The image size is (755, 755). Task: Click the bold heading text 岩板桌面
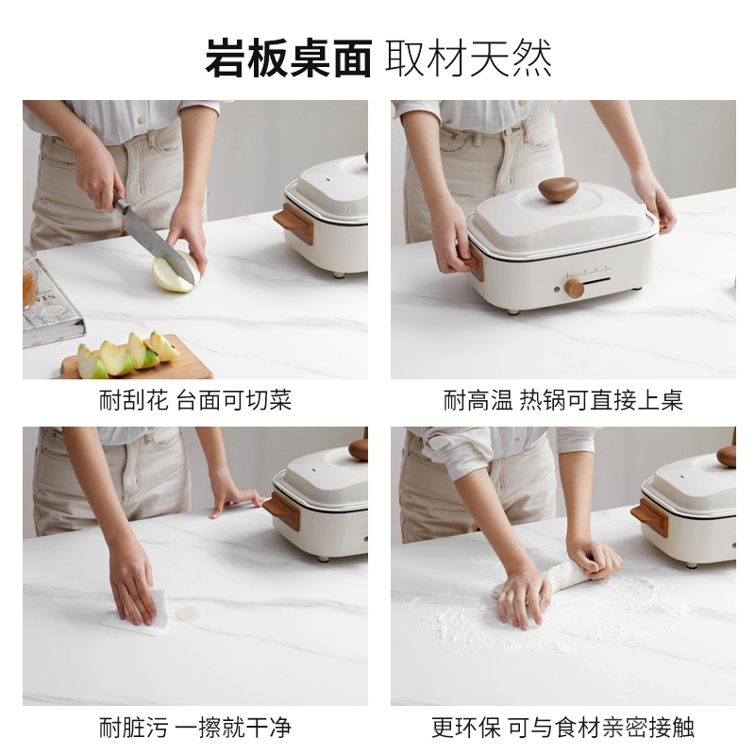point(289,59)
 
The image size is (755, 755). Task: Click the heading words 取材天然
point(468,59)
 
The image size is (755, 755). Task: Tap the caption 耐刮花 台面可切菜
point(195,400)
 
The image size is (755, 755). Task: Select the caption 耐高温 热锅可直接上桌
point(562,400)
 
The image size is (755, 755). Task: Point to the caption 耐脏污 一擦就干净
point(195,727)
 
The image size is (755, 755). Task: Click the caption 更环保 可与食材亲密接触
point(562,727)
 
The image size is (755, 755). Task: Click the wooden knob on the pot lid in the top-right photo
point(558,189)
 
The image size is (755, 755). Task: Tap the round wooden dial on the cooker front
point(574,287)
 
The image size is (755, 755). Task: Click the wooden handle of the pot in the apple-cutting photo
point(294,224)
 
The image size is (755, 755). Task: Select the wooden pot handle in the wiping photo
point(282,511)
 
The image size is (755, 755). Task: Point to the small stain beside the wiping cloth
point(187,612)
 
